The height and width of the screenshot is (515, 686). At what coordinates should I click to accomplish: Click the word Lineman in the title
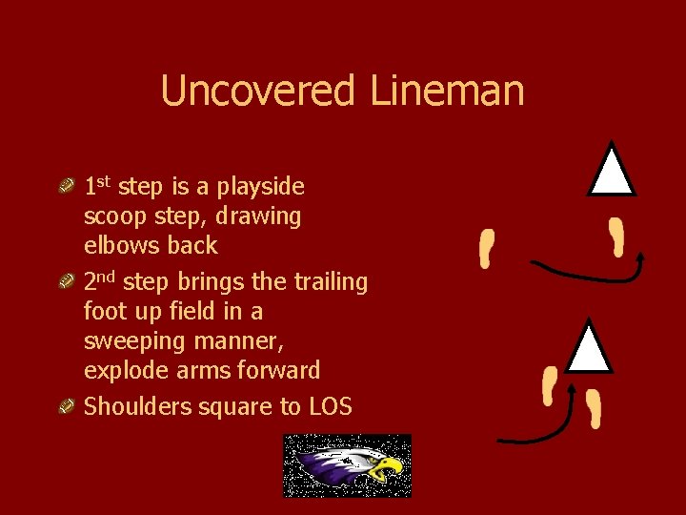[x=446, y=92]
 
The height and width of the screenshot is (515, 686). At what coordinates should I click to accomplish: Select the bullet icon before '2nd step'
[x=68, y=282]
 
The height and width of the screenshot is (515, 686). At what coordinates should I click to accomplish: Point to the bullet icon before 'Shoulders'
[x=68, y=407]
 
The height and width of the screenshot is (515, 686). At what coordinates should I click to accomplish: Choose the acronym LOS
[x=330, y=407]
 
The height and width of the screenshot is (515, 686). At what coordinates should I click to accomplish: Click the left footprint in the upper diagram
[x=487, y=249]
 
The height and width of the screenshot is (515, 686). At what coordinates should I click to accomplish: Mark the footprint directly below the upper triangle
[x=618, y=236]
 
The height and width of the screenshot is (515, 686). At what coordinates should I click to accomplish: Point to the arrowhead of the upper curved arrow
[x=639, y=257]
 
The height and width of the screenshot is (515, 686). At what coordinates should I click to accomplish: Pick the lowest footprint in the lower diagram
[x=595, y=411]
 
